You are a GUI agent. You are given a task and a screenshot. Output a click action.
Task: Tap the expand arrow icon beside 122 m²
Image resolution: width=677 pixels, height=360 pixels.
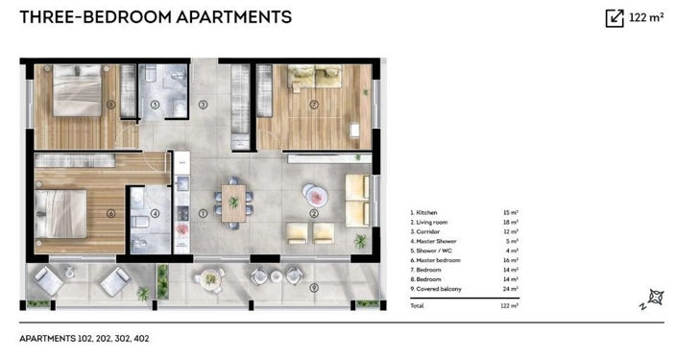pos(614,17)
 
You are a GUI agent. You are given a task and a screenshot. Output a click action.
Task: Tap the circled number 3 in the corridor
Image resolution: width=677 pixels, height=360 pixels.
pos(203,104)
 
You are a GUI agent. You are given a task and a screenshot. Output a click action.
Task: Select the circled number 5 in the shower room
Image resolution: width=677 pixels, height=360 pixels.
pos(154,104)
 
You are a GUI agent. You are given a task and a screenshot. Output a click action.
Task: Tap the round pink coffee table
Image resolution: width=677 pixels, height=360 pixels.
pos(315,195)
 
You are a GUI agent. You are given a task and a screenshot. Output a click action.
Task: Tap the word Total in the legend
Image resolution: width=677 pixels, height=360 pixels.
pos(416,305)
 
